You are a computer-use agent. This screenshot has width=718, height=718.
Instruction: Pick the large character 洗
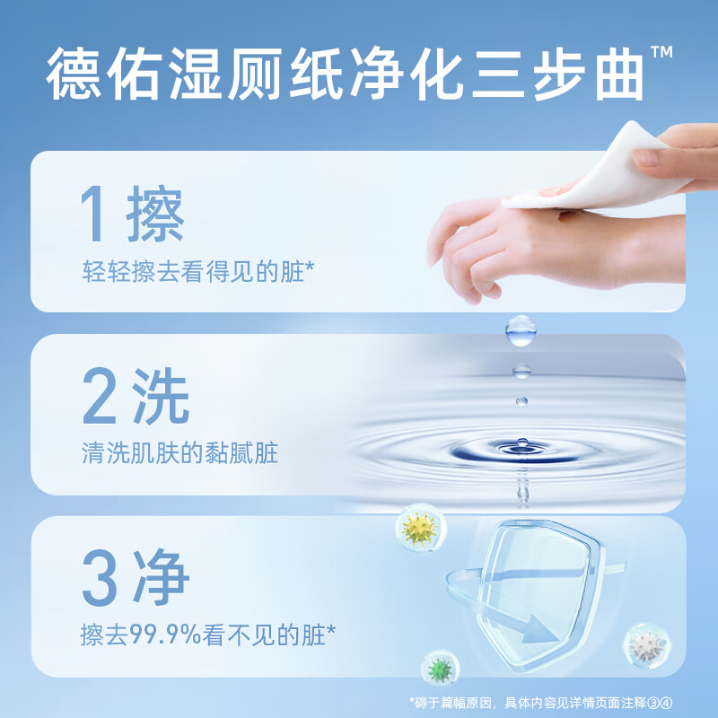(160, 399)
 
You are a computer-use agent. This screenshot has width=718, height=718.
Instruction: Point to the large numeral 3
(101, 579)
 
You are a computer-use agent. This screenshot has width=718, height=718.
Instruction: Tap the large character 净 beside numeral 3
(160, 579)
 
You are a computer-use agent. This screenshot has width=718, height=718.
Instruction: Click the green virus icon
(440, 670)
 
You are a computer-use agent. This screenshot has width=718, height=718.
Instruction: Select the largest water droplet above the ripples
(519, 330)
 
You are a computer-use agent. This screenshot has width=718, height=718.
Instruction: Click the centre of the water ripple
(521, 446)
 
